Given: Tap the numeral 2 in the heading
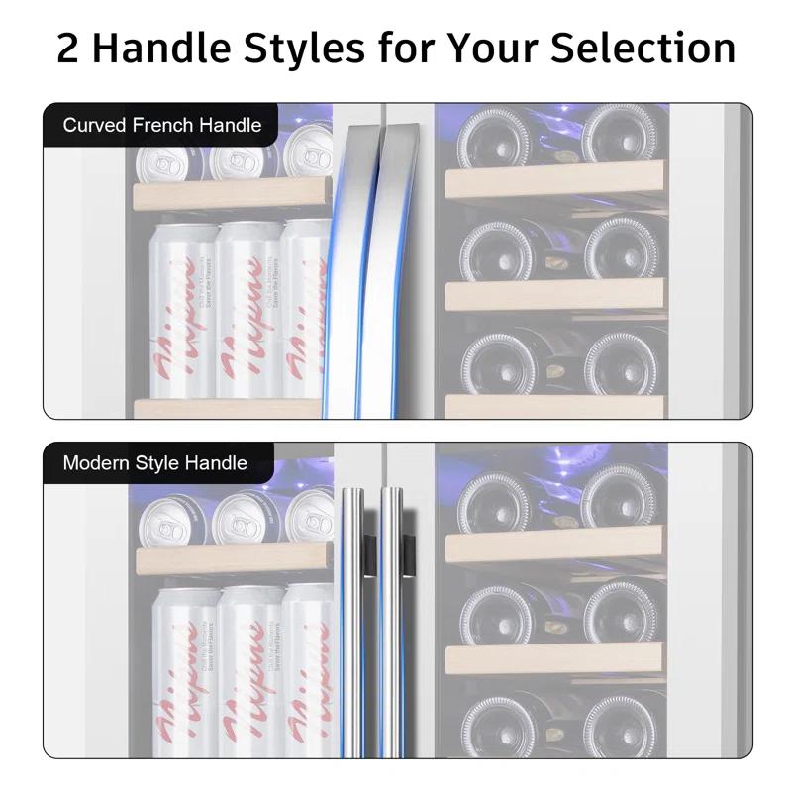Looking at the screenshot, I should tap(67, 48).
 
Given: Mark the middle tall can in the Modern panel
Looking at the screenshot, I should tap(248, 673).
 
